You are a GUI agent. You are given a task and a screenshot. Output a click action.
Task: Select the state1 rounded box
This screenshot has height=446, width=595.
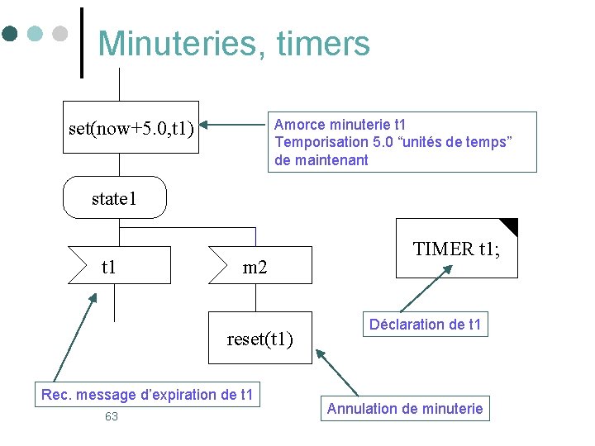115,198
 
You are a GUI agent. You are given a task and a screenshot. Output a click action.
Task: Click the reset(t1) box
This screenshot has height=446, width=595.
260,337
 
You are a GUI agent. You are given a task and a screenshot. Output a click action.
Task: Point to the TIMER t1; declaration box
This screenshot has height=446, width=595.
456,249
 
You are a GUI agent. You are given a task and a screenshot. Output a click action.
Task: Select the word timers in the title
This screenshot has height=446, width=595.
324,43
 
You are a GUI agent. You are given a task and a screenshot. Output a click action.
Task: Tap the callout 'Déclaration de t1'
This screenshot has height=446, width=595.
425,325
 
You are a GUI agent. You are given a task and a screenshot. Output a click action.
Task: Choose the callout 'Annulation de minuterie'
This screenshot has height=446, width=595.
405,408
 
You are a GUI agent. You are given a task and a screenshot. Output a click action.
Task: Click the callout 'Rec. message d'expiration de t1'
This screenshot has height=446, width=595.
147,395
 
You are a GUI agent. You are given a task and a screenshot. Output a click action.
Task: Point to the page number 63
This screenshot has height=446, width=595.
112,416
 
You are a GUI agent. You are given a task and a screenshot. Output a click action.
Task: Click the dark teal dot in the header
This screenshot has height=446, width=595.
10,34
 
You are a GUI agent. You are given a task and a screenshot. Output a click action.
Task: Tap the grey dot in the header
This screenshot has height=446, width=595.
59,34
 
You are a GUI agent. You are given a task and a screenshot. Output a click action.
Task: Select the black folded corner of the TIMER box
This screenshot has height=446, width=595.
509,225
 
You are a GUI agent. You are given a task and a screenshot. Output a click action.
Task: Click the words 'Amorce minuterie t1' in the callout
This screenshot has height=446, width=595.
340,125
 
